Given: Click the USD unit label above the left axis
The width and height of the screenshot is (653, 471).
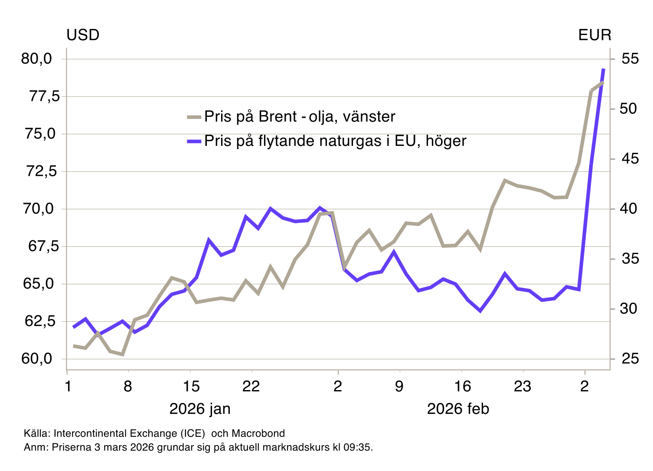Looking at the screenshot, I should pos(83,35).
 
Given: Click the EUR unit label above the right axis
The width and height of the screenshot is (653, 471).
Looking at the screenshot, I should pos(594,35).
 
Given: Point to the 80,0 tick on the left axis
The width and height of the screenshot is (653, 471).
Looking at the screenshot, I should pos(36,59).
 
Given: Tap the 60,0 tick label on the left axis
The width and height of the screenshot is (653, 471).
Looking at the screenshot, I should pos(36,359).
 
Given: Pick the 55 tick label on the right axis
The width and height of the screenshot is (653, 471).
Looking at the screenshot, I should pos(630,59).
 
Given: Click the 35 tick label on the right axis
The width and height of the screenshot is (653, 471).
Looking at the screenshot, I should pos(630,259).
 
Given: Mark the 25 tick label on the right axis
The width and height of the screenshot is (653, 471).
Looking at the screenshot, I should pos(630,359).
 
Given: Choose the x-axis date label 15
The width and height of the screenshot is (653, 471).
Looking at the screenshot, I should pos(191,386).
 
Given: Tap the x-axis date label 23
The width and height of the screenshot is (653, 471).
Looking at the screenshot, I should pos(522,386).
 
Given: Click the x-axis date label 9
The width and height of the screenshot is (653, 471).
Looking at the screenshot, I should pos(399,386).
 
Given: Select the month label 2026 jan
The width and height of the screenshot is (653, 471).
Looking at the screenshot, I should pos(200,409).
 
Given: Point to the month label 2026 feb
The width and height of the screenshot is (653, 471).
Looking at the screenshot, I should pos(458,409).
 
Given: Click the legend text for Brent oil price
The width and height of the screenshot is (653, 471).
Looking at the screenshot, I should pos(300,116).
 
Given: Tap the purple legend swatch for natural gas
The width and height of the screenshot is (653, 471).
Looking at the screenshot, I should pos(194,141).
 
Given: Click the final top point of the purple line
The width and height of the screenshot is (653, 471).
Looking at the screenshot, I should pos(604,69).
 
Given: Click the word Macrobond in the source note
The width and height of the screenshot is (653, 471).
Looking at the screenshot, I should pos(258,433).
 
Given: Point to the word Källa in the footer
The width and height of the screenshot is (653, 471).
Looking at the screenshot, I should pos(36,433).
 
